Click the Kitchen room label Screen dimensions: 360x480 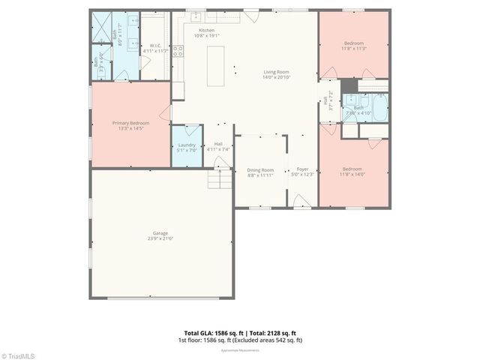(205, 30)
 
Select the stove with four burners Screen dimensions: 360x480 (178, 51)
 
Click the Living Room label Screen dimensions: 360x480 (276, 72)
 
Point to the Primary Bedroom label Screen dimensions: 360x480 (130, 123)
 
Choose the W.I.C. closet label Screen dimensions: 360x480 (155, 45)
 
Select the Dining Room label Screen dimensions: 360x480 (260, 169)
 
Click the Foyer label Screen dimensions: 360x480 (302, 169)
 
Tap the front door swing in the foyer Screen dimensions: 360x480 (300, 200)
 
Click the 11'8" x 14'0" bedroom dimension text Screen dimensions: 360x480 (353, 174)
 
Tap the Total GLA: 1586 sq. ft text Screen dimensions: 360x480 (212, 333)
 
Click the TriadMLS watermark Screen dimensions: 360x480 (18, 355)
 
